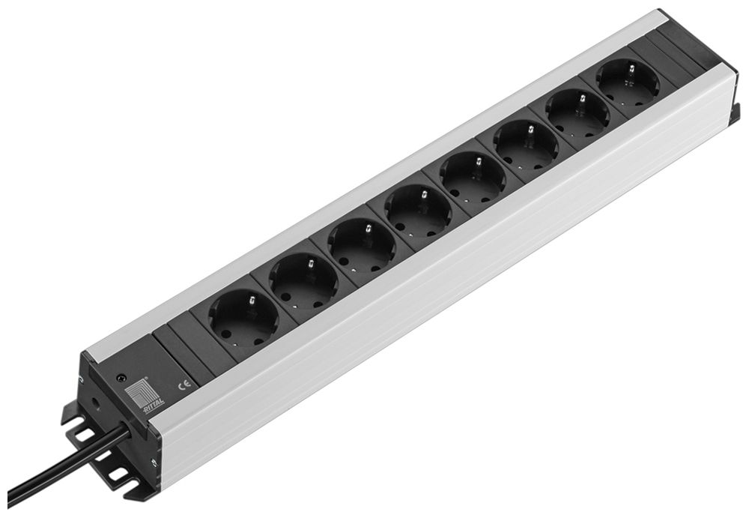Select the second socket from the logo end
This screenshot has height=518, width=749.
303,281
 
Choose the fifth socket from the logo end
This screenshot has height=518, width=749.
473,177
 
